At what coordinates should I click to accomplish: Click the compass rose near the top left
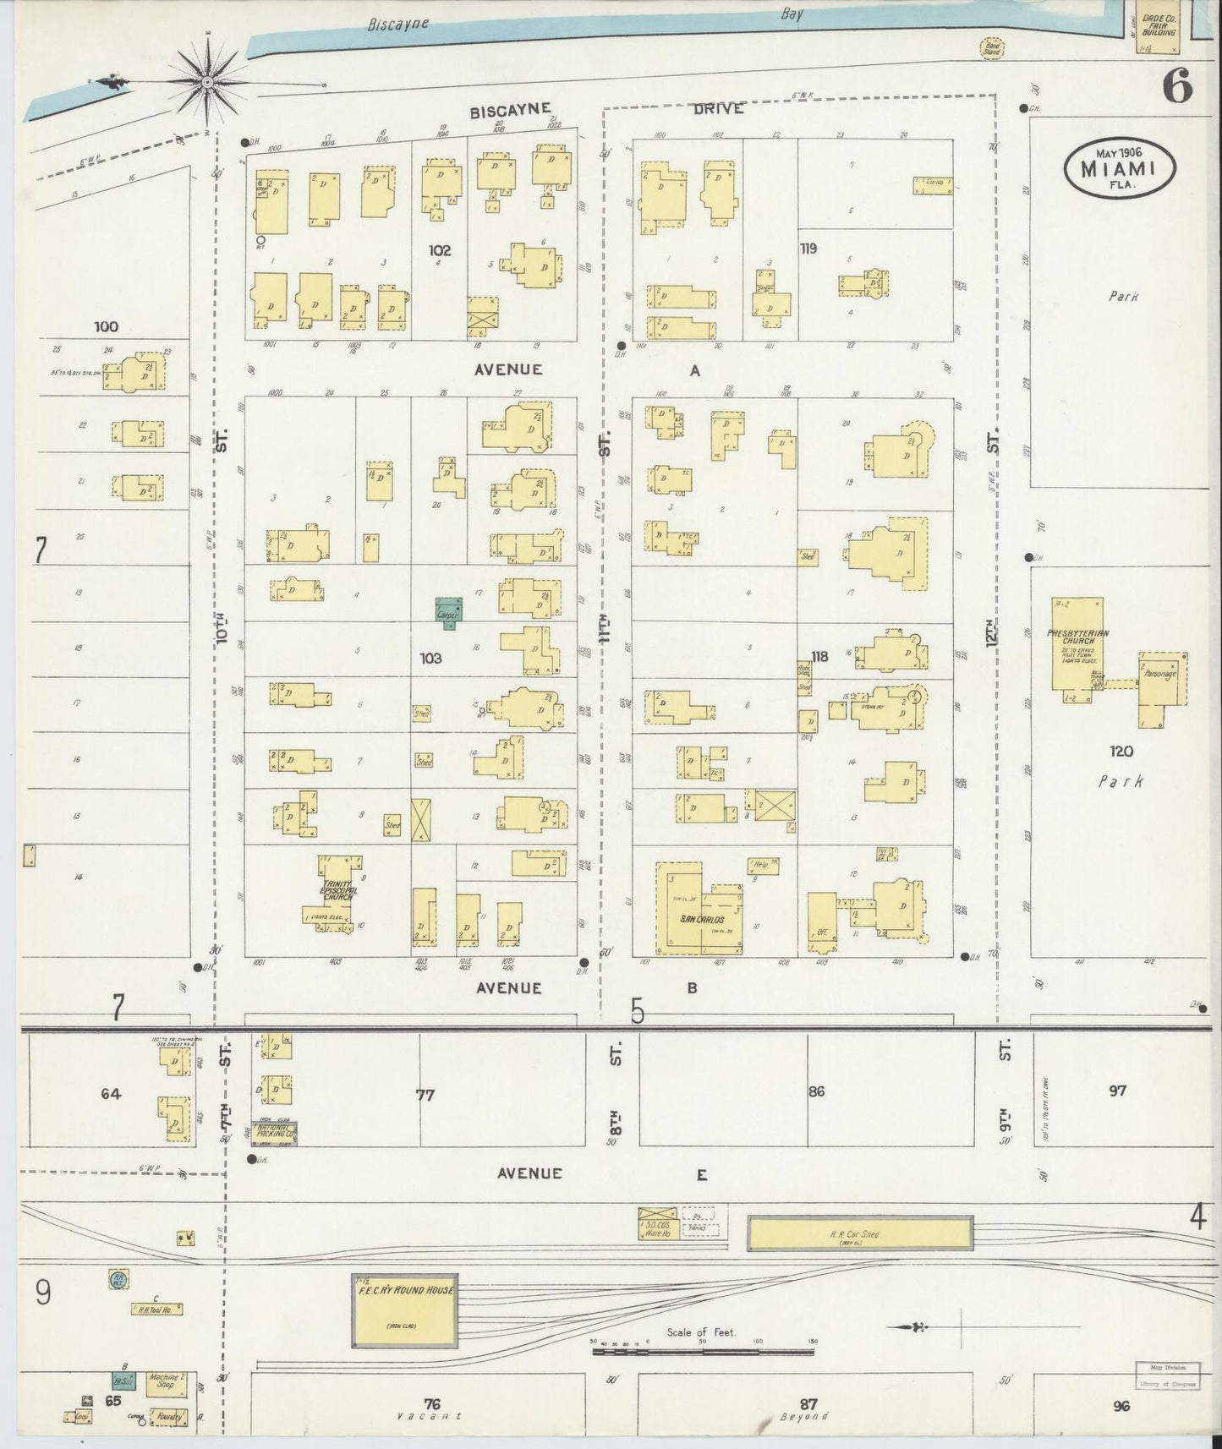208,82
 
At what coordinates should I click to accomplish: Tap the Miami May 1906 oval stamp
1120,167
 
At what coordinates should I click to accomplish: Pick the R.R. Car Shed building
859,1233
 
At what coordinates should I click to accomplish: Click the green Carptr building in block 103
448,610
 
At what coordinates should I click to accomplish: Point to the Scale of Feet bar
702,1352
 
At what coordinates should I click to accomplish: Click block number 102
440,250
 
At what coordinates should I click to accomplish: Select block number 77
425,1095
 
